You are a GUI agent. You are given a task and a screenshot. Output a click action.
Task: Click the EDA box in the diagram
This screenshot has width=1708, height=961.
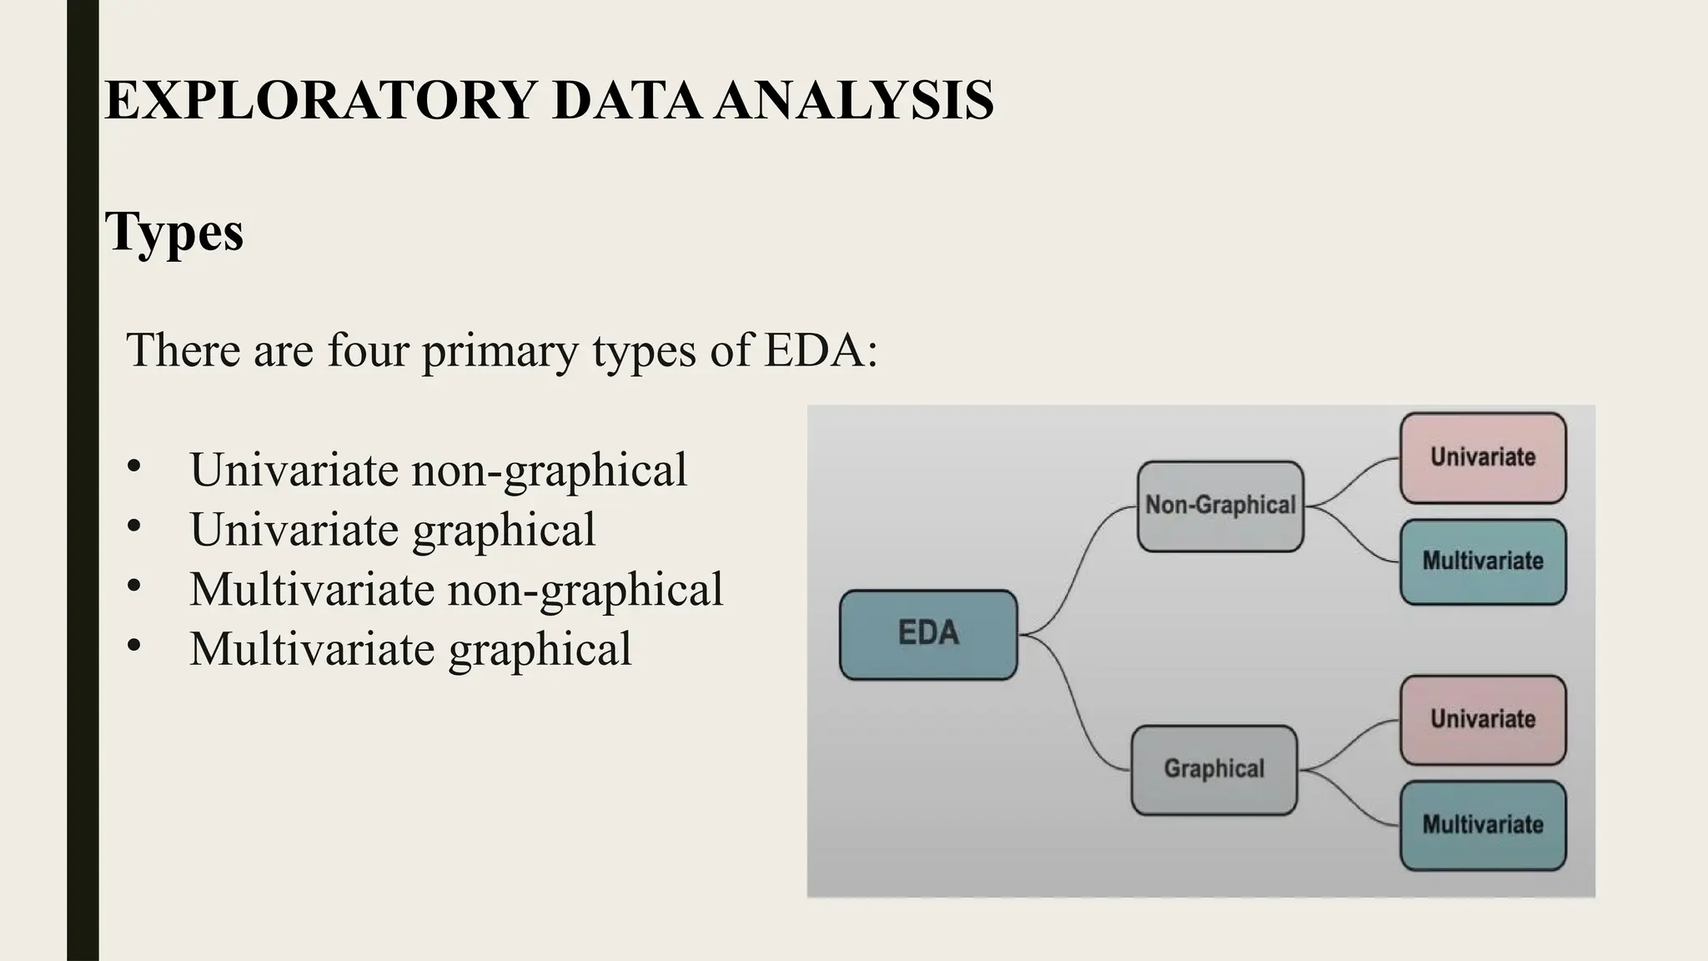tap(928, 634)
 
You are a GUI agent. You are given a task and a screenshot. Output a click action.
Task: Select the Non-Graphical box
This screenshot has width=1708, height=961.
tap(1220, 506)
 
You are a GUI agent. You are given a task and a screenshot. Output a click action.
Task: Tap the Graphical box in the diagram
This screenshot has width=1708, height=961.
tap(1213, 769)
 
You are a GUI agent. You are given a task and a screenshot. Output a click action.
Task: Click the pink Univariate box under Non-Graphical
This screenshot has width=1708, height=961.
tap(1483, 458)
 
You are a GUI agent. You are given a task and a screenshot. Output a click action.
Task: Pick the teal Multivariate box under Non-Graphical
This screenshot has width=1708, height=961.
tap(1483, 561)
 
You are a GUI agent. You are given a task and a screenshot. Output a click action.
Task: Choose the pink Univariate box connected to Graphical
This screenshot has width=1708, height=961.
tap(1483, 720)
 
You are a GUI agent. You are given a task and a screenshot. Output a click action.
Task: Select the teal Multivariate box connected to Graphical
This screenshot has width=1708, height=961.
tap(1483, 825)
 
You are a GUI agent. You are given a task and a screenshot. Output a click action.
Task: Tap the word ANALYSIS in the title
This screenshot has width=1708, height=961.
tap(854, 101)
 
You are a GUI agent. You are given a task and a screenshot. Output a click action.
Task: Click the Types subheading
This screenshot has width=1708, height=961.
tap(174, 232)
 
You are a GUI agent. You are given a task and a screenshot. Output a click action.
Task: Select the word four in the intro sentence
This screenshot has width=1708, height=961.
tap(368, 350)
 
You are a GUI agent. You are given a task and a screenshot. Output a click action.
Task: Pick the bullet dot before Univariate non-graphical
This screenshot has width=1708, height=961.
tap(134, 467)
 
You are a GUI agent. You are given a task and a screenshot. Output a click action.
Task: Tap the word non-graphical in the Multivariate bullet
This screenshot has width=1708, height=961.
tap(585, 590)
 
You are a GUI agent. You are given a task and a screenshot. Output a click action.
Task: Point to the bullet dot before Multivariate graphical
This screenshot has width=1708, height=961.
tap(134, 646)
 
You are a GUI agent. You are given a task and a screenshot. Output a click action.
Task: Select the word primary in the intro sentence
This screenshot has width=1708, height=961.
tap(500, 350)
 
